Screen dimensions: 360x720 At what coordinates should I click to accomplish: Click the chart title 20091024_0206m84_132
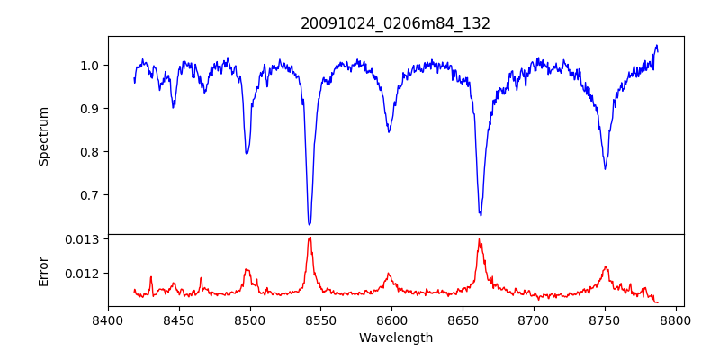[x=395, y=23]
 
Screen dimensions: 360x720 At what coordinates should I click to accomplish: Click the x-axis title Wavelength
[x=395, y=338]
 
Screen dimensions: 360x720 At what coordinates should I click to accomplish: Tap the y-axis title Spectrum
[x=43, y=136]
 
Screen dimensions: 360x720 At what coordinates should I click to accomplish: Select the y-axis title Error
[x=43, y=271]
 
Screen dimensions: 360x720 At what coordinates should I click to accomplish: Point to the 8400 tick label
[x=108, y=319]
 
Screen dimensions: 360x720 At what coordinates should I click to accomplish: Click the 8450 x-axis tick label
[x=179, y=319]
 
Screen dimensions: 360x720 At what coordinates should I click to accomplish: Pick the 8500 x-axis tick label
[x=250, y=319]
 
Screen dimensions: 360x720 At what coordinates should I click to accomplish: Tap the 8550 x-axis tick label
[x=321, y=319]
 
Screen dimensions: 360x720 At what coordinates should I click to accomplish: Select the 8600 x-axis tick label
[x=392, y=319]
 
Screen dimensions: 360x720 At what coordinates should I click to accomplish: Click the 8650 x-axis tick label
[x=463, y=319]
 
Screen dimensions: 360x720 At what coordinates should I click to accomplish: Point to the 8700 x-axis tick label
[x=534, y=319]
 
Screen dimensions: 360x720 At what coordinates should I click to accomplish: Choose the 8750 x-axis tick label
[x=605, y=319]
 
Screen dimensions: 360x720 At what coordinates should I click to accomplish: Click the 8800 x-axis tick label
[x=676, y=319]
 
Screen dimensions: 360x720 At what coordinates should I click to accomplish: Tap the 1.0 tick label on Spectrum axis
[x=90, y=66]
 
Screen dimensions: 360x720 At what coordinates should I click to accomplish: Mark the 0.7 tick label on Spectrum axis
[x=90, y=195]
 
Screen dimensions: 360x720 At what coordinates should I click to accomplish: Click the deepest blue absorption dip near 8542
[x=310, y=224]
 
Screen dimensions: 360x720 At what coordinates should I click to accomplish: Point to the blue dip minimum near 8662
[x=481, y=214]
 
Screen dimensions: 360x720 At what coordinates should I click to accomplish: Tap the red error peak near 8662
[x=480, y=240]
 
